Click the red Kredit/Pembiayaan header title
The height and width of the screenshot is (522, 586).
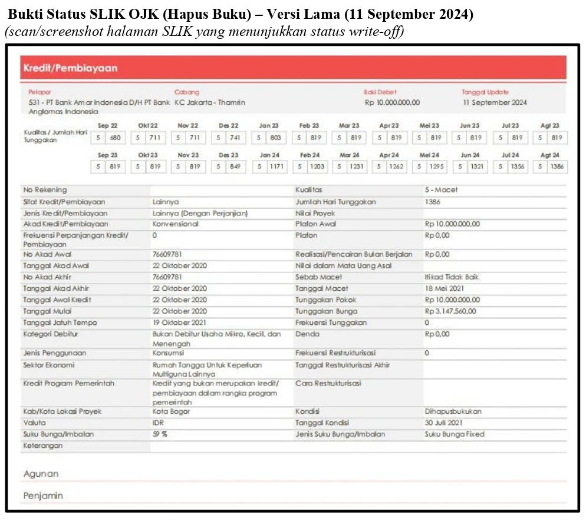point(70,68)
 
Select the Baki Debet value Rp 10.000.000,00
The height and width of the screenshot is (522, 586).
point(392,102)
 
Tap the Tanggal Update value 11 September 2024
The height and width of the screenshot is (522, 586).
point(495,102)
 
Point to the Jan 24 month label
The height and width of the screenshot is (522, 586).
point(269,155)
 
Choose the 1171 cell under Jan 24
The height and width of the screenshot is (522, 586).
point(278,167)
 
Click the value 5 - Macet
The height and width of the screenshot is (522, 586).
point(441,190)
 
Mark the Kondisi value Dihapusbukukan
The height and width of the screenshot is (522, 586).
point(452,411)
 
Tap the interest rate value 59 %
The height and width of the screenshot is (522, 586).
point(160,434)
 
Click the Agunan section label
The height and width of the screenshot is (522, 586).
point(41,474)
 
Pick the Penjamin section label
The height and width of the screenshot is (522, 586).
point(43,496)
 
